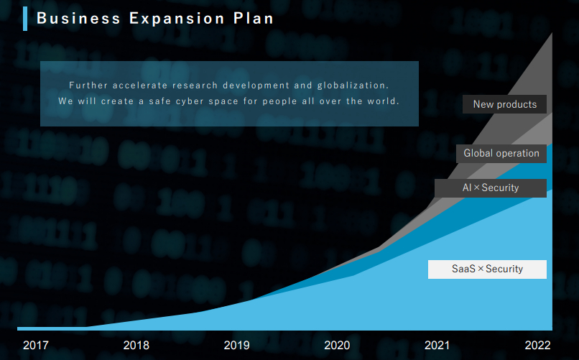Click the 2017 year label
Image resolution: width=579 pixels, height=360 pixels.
coord(35,345)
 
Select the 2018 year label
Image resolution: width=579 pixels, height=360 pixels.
coord(136,345)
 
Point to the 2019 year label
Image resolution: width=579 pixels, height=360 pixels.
coord(236,345)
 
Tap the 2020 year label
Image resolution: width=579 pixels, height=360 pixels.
coord(337,345)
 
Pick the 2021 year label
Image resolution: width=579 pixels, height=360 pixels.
coord(437,345)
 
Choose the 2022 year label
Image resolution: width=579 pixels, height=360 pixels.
coord(537,345)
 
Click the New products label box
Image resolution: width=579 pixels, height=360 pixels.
coord(504,104)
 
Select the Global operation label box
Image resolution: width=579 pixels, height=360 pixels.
coord(501,153)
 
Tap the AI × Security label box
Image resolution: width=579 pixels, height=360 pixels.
coord(491,188)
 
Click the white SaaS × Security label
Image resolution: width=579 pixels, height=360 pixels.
coord(487,269)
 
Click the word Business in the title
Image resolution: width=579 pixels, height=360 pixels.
coord(78,18)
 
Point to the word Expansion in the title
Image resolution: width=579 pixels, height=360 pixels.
coord(177,19)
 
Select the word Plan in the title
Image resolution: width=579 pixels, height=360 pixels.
coord(254,18)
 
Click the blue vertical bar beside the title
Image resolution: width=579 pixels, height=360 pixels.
coord(25,19)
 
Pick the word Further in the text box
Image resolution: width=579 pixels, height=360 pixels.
coord(88,86)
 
